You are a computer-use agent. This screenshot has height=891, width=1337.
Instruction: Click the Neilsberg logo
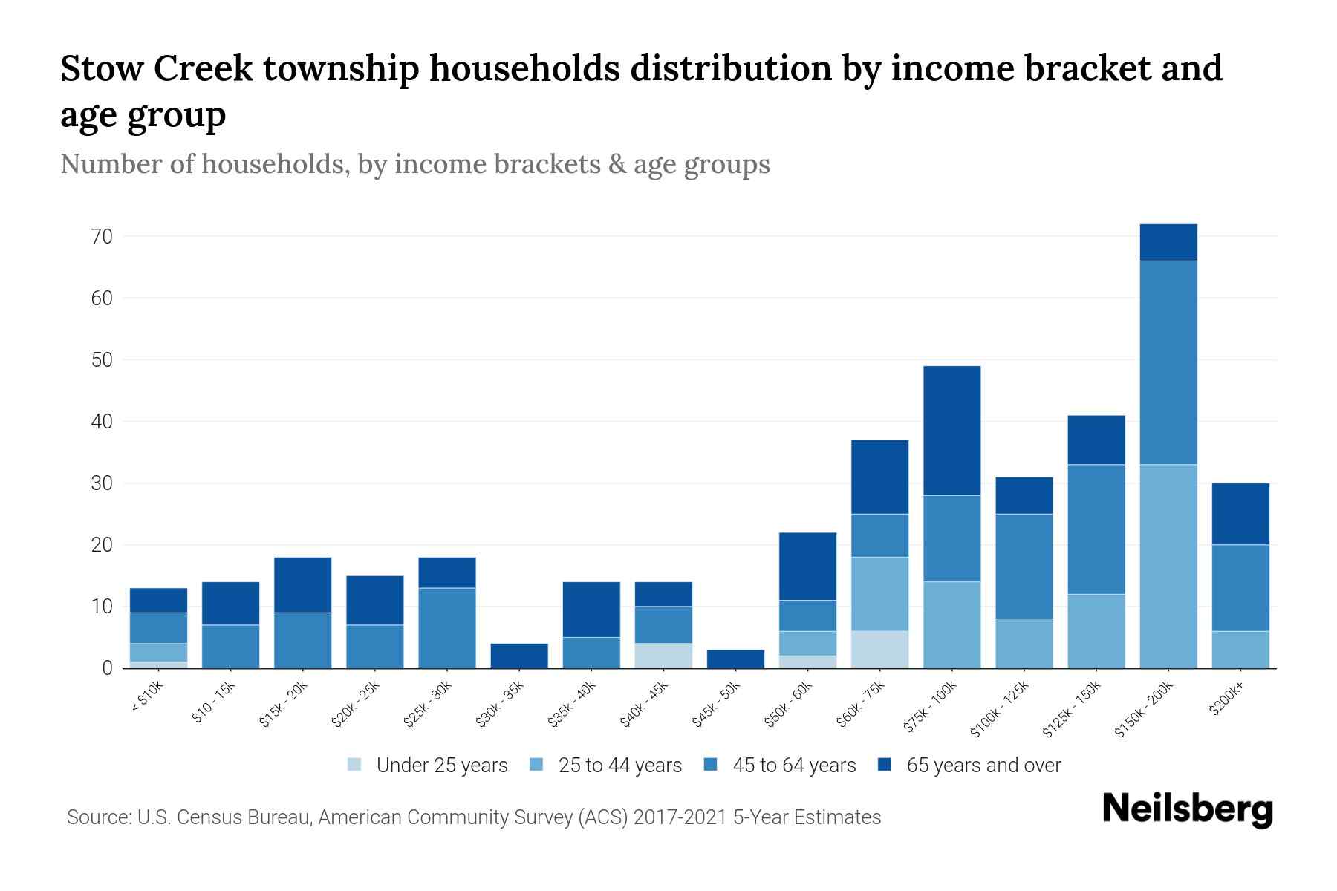point(1187,809)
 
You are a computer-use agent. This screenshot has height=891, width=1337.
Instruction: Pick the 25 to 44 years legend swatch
point(536,765)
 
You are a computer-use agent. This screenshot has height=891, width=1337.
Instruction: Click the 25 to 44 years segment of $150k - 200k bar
point(1168,566)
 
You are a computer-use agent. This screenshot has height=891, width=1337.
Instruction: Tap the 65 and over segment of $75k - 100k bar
point(951,431)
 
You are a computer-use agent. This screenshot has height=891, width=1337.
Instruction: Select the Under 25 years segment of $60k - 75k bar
point(879,650)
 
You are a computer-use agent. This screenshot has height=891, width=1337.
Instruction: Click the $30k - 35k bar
point(519,656)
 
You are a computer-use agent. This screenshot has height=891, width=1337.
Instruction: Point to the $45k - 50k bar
point(735,659)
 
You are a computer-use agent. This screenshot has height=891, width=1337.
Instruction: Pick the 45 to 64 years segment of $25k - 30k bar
point(447,628)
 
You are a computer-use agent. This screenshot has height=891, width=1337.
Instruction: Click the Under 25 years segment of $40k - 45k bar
point(663,656)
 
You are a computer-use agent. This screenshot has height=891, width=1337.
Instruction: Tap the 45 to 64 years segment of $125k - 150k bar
point(1096,529)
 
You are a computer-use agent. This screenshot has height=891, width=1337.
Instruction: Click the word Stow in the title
point(100,69)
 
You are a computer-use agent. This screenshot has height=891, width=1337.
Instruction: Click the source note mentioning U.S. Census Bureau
point(473,817)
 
